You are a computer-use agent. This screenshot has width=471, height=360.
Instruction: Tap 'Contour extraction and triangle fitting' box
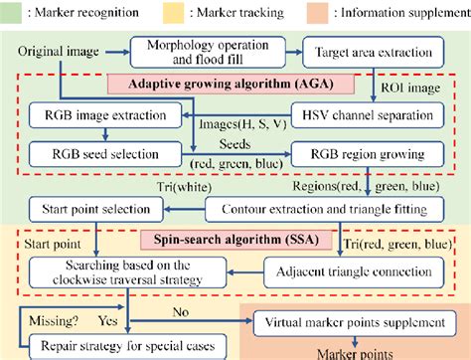(x=324, y=211)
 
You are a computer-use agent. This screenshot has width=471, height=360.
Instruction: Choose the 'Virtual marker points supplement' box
(x=354, y=323)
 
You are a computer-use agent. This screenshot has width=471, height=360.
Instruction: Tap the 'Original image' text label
(x=49, y=49)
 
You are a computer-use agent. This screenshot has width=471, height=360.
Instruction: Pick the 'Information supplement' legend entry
(x=392, y=13)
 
